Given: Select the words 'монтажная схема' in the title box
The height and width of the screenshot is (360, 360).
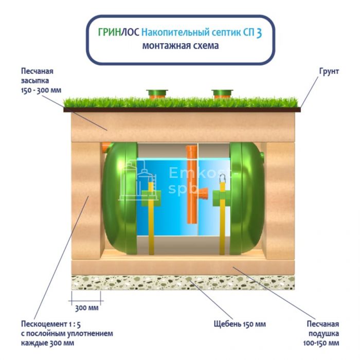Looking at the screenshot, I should [180, 46].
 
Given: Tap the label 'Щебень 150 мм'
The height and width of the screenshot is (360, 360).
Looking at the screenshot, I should [240, 325].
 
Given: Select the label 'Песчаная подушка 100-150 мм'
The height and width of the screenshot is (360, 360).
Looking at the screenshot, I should [322, 333].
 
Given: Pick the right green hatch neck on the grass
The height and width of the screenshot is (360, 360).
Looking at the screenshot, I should [222, 94].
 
